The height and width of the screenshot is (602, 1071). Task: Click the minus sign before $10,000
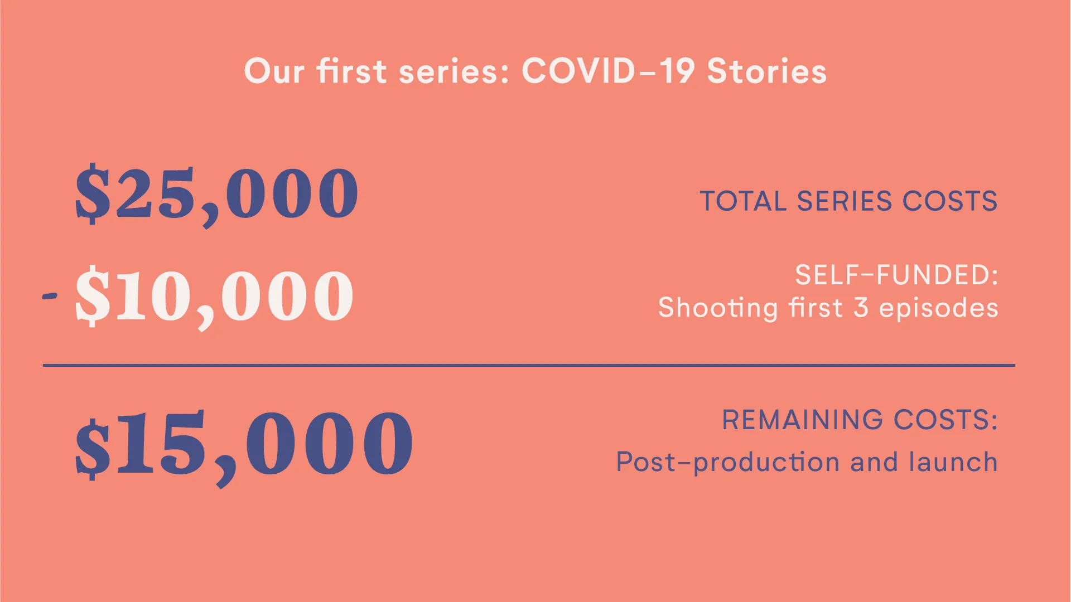50,295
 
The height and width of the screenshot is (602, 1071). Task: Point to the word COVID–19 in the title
609,71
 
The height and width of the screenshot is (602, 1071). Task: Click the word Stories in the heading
767,71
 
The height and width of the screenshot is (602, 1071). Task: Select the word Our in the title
274,71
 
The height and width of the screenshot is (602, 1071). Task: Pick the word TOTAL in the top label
743,201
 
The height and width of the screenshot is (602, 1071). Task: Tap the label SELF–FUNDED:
896,275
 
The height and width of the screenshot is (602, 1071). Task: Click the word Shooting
718,309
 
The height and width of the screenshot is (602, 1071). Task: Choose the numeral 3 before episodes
861,308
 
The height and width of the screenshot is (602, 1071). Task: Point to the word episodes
939,309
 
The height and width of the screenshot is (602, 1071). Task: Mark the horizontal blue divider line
529,365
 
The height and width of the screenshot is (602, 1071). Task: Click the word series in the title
454,72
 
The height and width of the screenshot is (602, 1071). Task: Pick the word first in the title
352,71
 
